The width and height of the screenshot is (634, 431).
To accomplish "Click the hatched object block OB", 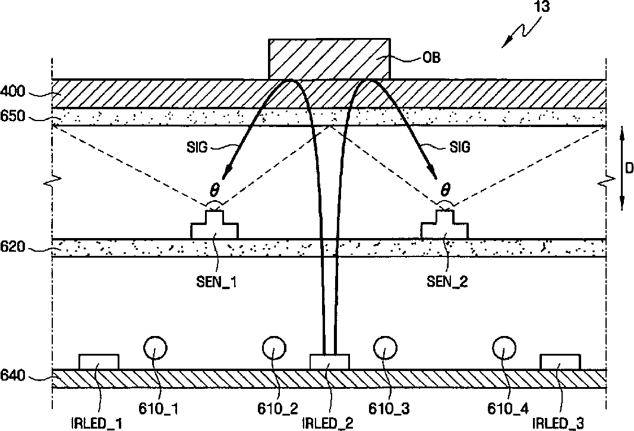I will (329, 59).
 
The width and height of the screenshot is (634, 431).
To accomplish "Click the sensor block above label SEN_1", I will (215, 227).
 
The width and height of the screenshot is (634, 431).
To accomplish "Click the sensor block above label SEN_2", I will (444, 227).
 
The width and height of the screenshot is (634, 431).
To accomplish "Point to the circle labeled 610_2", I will (273, 348).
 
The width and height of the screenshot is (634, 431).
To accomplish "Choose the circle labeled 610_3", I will (385, 348).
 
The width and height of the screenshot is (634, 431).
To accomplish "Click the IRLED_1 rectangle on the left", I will (99, 362).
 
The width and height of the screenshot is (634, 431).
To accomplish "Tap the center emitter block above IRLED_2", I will (330, 362).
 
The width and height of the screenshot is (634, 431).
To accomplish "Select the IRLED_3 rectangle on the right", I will (560, 362).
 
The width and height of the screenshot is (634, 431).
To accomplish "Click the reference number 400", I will (12, 92).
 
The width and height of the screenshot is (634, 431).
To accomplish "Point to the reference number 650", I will (12, 116).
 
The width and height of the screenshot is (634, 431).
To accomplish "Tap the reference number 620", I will (12, 247).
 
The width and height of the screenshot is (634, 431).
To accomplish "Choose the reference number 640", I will (12, 375).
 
